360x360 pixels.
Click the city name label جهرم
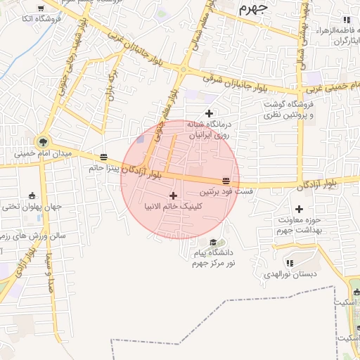(x=254, y=8)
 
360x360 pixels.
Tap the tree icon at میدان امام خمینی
(x=44, y=141)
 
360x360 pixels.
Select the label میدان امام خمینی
(x=44, y=153)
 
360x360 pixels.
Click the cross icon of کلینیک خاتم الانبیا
(x=174, y=195)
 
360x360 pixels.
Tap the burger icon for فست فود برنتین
(x=226, y=180)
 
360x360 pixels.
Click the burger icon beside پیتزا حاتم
(x=104, y=157)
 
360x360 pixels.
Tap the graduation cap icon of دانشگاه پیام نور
(x=212, y=243)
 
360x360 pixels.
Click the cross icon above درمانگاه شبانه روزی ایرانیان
(x=208, y=113)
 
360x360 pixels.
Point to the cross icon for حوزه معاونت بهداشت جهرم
(x=300, y=209)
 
